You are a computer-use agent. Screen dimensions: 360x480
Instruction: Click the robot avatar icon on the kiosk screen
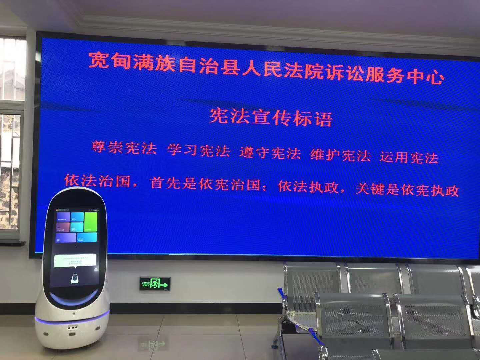pyautogui.click(x=75, y=279)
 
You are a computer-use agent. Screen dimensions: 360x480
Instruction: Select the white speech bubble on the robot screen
pyautogui.click(x=75, y=260)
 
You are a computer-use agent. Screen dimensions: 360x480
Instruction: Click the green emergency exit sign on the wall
pyautogui.click(x=155, y=283)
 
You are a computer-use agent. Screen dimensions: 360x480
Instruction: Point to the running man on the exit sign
pyautogui.click(x=155, y=284)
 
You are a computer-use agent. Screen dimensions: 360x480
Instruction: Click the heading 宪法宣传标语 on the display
pyautogui.click(x=271, y=117)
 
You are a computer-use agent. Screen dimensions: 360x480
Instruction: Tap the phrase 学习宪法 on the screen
pyautogui.click(x=199, y=151)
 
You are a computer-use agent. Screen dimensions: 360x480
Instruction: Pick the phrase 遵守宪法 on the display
pyautogui.click(x=270, y=153)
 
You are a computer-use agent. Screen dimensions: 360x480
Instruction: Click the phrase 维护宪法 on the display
pyautogui.click(x=340, y=155)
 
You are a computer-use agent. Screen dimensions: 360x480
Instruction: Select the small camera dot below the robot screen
pyautogui.click(x=76, y=246)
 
